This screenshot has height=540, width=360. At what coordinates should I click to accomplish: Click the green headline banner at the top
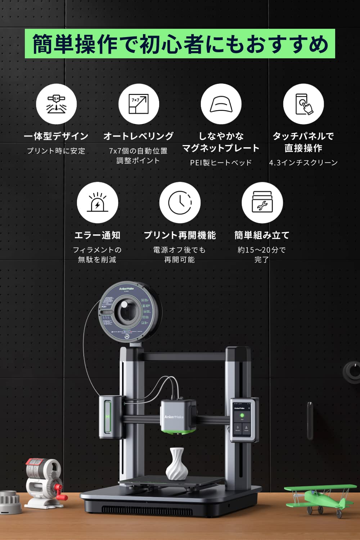(180, 44)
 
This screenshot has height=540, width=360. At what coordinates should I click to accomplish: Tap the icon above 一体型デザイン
(57, 104)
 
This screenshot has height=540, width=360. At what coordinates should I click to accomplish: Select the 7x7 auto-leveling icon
(139, 104)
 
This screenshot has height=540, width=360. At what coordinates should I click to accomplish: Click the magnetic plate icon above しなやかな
(221, 104)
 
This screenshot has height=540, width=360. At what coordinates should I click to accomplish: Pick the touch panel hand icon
(303, 104)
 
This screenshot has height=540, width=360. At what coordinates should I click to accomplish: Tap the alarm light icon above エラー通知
(97, 203)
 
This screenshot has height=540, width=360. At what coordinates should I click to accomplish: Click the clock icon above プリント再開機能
(180, 203)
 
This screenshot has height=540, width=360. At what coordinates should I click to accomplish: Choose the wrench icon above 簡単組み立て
(262, 203)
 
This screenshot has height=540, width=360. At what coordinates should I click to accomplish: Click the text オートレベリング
(139, 136)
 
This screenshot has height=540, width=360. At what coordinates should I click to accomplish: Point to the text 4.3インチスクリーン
(303, 163)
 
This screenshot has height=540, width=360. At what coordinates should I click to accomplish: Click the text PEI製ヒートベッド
(221, 163)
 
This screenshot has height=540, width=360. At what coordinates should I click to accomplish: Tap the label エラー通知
(97, 235)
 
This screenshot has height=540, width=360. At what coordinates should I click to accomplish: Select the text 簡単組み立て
(262, 235)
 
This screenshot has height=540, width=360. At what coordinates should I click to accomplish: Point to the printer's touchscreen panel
(242, 420)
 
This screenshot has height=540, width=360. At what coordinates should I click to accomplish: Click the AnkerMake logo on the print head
(174, 417)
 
